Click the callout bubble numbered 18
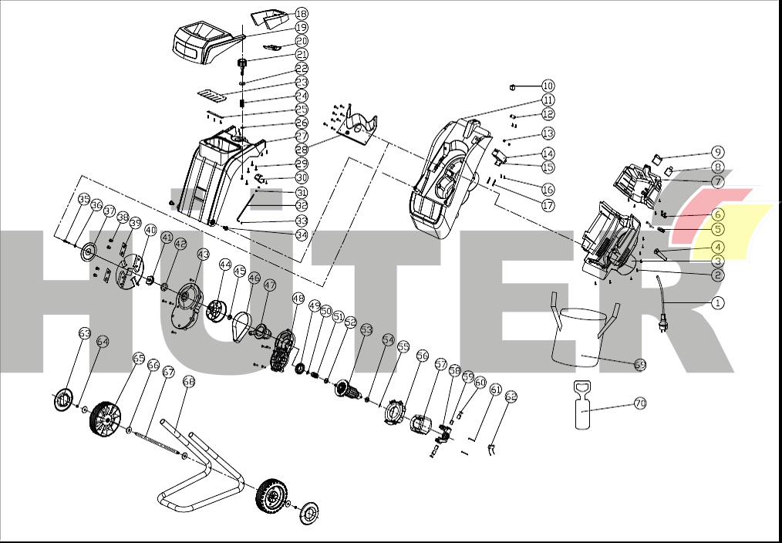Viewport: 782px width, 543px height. coord(302,14)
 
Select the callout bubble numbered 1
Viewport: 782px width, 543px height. coord(718,302)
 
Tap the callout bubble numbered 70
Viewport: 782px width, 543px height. coord(640,403)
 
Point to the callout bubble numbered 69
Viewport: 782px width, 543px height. coord(640,364)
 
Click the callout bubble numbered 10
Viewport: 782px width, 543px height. coord(548,86)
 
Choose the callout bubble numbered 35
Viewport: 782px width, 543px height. coord(84,199)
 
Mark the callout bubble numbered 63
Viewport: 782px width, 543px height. coord(85,332)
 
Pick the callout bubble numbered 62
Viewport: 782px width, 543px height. coord(511,396)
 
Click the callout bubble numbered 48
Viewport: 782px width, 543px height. coord(298,298)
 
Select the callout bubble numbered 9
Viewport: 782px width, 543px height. coord(718,152)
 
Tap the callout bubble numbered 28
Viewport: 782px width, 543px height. coord(302,149)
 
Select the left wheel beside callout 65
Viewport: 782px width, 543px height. coord(106,417)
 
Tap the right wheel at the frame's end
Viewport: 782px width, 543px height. coord(270,494)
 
